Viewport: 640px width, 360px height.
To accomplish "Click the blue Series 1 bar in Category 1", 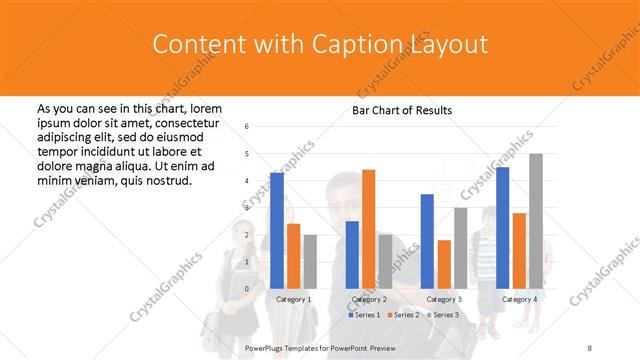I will tap(277, 230).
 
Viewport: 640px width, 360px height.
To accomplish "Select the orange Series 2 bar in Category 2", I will tap(368, 229).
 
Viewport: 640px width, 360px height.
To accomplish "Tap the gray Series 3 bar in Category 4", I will tap(536, 221).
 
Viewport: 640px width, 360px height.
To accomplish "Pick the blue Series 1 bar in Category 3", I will tap(427, 241).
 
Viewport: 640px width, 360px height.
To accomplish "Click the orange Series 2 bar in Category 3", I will tap(444, 264).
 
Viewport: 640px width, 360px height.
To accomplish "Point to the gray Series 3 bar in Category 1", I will tap(310, 261).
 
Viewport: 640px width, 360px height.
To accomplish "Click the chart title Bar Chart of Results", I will tap(402, 110).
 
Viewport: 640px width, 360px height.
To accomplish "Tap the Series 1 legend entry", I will tap(366, 315).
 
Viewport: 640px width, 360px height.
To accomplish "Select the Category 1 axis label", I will tap(293, 299).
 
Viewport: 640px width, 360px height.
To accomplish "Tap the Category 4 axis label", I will tap(519, 299).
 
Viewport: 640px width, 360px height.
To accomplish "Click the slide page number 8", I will tap(590, 346).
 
